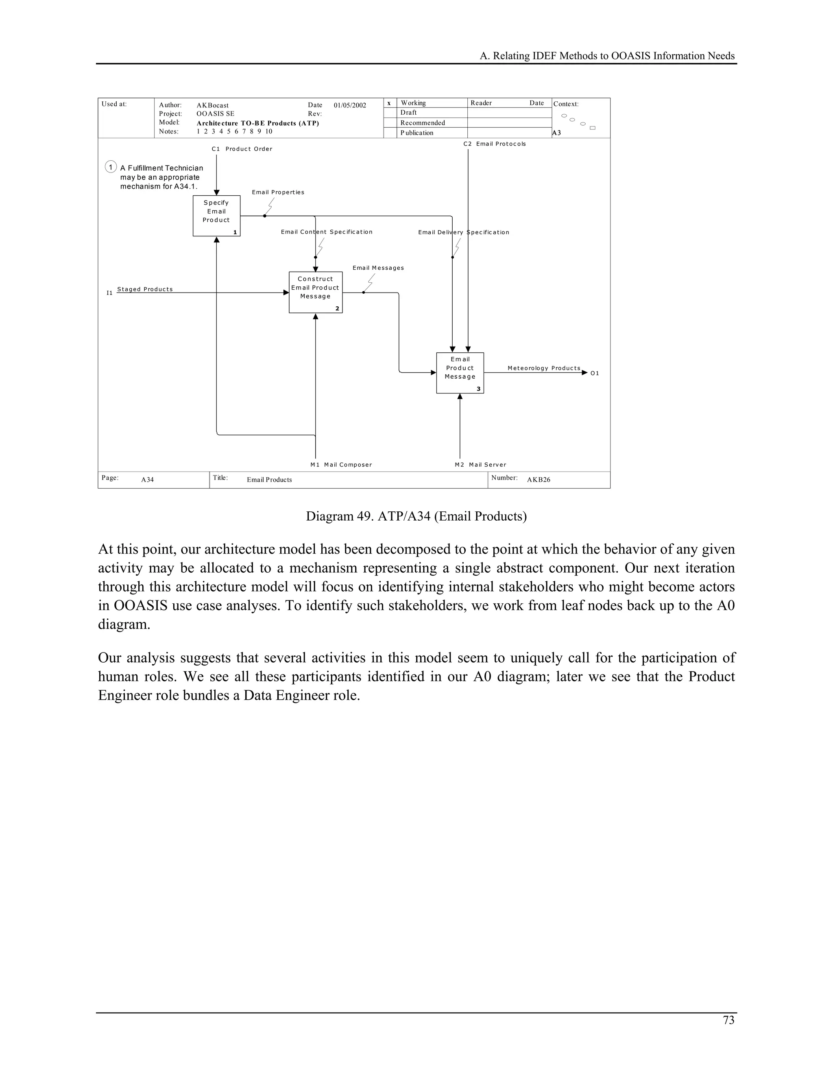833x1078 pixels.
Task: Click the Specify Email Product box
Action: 216,216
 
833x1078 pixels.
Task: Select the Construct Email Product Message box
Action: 315,292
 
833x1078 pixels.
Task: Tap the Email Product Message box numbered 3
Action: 460,373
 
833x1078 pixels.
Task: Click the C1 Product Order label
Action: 242,149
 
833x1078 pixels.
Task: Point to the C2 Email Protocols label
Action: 495,144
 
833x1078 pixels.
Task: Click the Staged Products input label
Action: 144,289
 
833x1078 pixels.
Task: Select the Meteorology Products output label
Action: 543,368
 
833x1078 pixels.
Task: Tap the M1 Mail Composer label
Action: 341,465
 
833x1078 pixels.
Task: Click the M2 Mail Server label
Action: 480,465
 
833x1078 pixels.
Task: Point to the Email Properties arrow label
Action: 278,192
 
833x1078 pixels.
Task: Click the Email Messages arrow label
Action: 378,268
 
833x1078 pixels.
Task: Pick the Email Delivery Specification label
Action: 463,232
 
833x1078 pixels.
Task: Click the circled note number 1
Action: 111,167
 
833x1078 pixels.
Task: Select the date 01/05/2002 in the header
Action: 350,105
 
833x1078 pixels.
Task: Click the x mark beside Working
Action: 389,103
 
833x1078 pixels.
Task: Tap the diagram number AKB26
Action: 539,480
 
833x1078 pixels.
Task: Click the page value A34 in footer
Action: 147,480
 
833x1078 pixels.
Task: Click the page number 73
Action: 728,1020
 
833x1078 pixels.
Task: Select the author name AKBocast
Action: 212,105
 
